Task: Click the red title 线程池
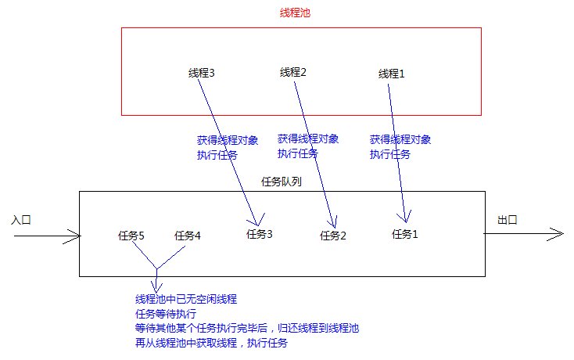click(295, 13)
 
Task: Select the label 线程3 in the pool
click(201, 73)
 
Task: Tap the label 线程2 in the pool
click(292, 72)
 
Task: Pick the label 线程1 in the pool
click(391, 74)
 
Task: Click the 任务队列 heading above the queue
click(282, 182)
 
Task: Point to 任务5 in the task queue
click(131, 236)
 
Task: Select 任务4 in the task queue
click(188, 236)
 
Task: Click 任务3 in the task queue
click(260, 234)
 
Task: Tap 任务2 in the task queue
click(333, 236)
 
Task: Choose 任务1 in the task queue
click(405, 234)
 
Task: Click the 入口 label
click(21, 220)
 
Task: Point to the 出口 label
click(508, 220)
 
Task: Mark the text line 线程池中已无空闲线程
click(186, 299)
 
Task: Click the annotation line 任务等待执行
click(166, 314)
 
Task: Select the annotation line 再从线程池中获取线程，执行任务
click(212, 343)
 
